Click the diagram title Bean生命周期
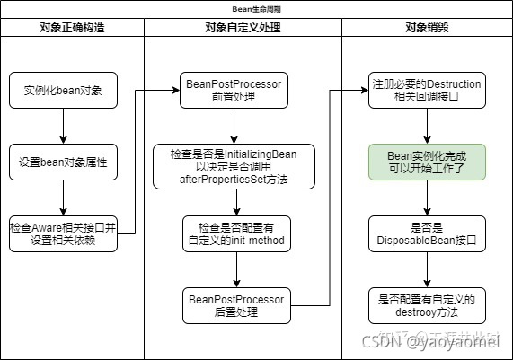[256, 7]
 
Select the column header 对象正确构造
[72, 27]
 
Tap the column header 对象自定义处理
[243, 27]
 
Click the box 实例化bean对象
[63, 92]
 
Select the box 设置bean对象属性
[63, 163]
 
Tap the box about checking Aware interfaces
[63, 233]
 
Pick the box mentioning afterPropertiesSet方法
[234, 167]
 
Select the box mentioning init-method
[234, 233]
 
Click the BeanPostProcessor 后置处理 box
[234, 304]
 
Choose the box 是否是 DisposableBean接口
[427, 233]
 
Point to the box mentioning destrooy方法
[427, 304]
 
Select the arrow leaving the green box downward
[427, 198]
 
